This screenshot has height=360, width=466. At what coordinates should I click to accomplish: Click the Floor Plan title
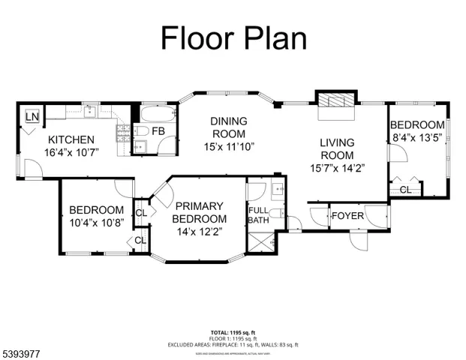(x=233, y=37)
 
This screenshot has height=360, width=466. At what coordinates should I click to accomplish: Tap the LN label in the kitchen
(x=32, y=116)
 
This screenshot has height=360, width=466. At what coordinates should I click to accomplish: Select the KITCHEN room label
(x=71, y=140)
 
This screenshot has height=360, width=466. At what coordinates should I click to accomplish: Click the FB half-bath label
(x=159, y=132)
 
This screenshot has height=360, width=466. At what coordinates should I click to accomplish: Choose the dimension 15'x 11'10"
(x=228, y=146)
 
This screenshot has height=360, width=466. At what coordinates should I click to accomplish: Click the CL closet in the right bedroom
(x=405, y=190)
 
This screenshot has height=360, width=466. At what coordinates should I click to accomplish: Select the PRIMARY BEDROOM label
(x=200, y=212)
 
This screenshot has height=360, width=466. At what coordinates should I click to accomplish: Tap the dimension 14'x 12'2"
(x=200, y=232)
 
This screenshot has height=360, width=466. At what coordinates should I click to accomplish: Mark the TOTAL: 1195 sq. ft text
(x=233, y=330)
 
